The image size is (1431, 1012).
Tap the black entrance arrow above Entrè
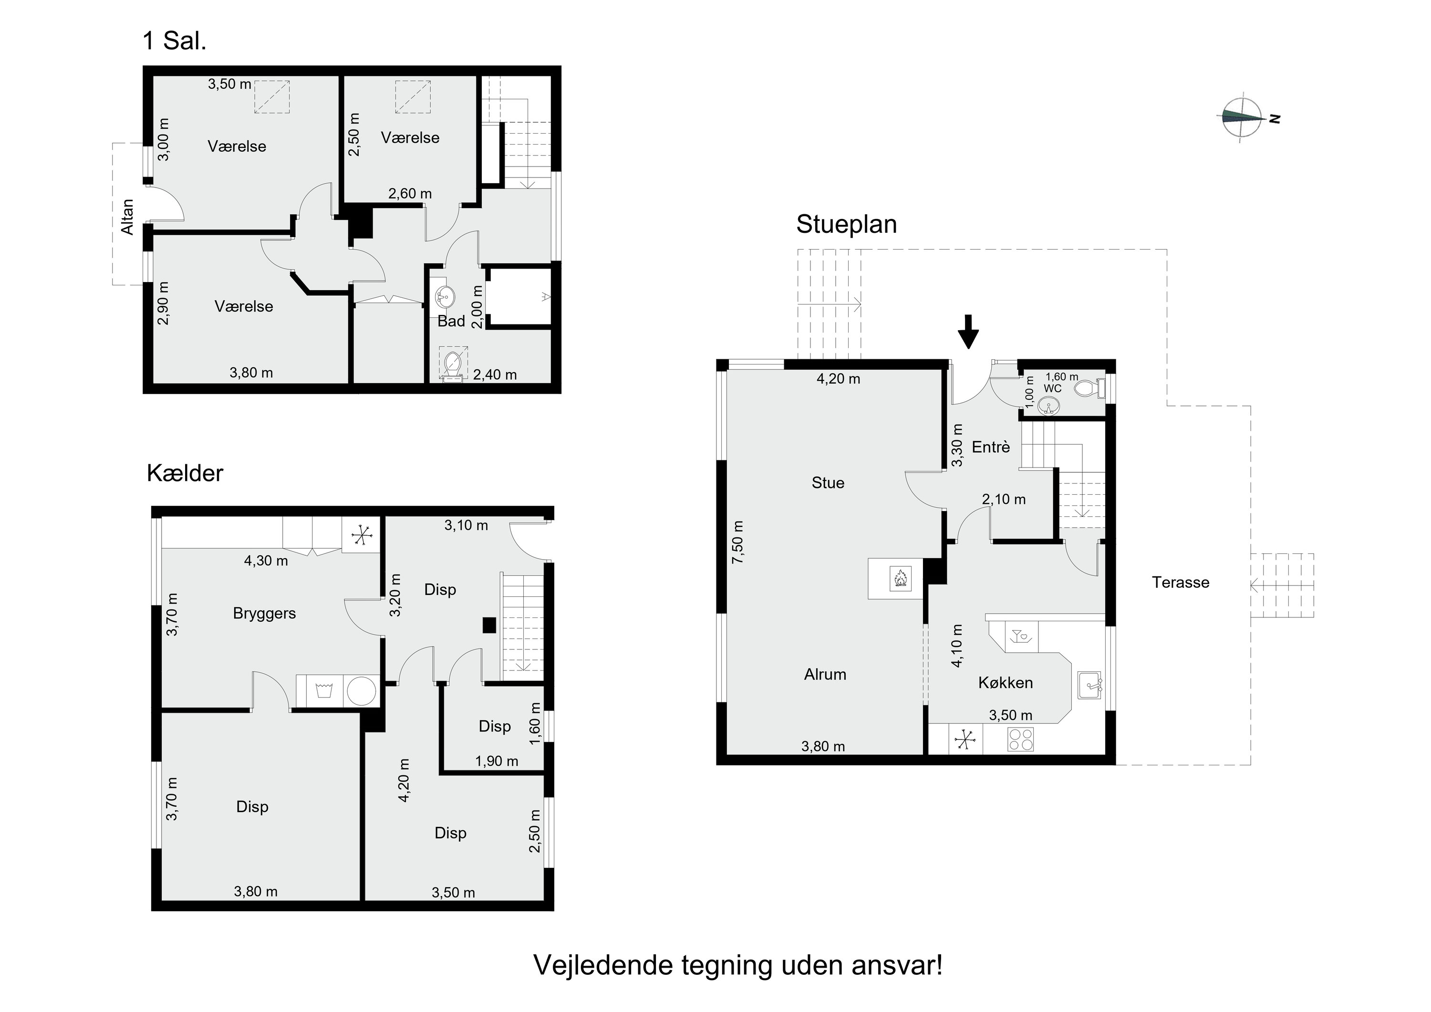967,331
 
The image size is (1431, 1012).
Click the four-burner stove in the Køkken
1020,740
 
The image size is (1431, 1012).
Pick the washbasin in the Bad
445,295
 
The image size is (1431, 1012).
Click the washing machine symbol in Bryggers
323,691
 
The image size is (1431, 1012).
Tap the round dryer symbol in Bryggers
362,691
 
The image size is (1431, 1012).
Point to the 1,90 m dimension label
496,762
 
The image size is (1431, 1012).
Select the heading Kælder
185,473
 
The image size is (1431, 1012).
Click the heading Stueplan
846,224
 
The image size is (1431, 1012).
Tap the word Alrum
825,674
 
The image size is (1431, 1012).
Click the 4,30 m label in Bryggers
266,561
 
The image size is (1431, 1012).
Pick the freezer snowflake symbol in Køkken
965,740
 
